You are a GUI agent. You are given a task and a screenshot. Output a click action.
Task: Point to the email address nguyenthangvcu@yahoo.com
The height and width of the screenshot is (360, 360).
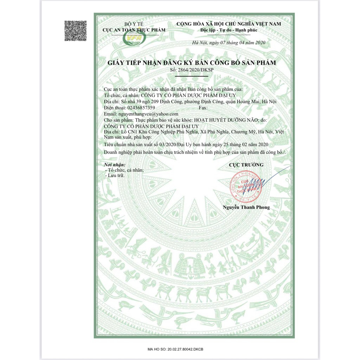pos(148,114)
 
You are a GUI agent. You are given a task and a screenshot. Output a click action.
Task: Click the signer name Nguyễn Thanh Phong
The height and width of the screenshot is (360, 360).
pos(246,207)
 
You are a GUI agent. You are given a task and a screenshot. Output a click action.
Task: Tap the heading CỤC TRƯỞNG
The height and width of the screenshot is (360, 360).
pos(246,165)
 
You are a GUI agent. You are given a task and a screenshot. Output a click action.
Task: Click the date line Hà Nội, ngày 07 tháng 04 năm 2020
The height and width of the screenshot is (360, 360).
pos(229,43)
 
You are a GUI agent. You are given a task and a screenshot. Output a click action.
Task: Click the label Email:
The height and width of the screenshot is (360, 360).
pos(110,114)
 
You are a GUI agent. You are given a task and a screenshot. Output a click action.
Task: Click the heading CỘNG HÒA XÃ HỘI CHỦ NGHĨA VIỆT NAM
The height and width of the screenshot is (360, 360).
pos(229,24)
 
